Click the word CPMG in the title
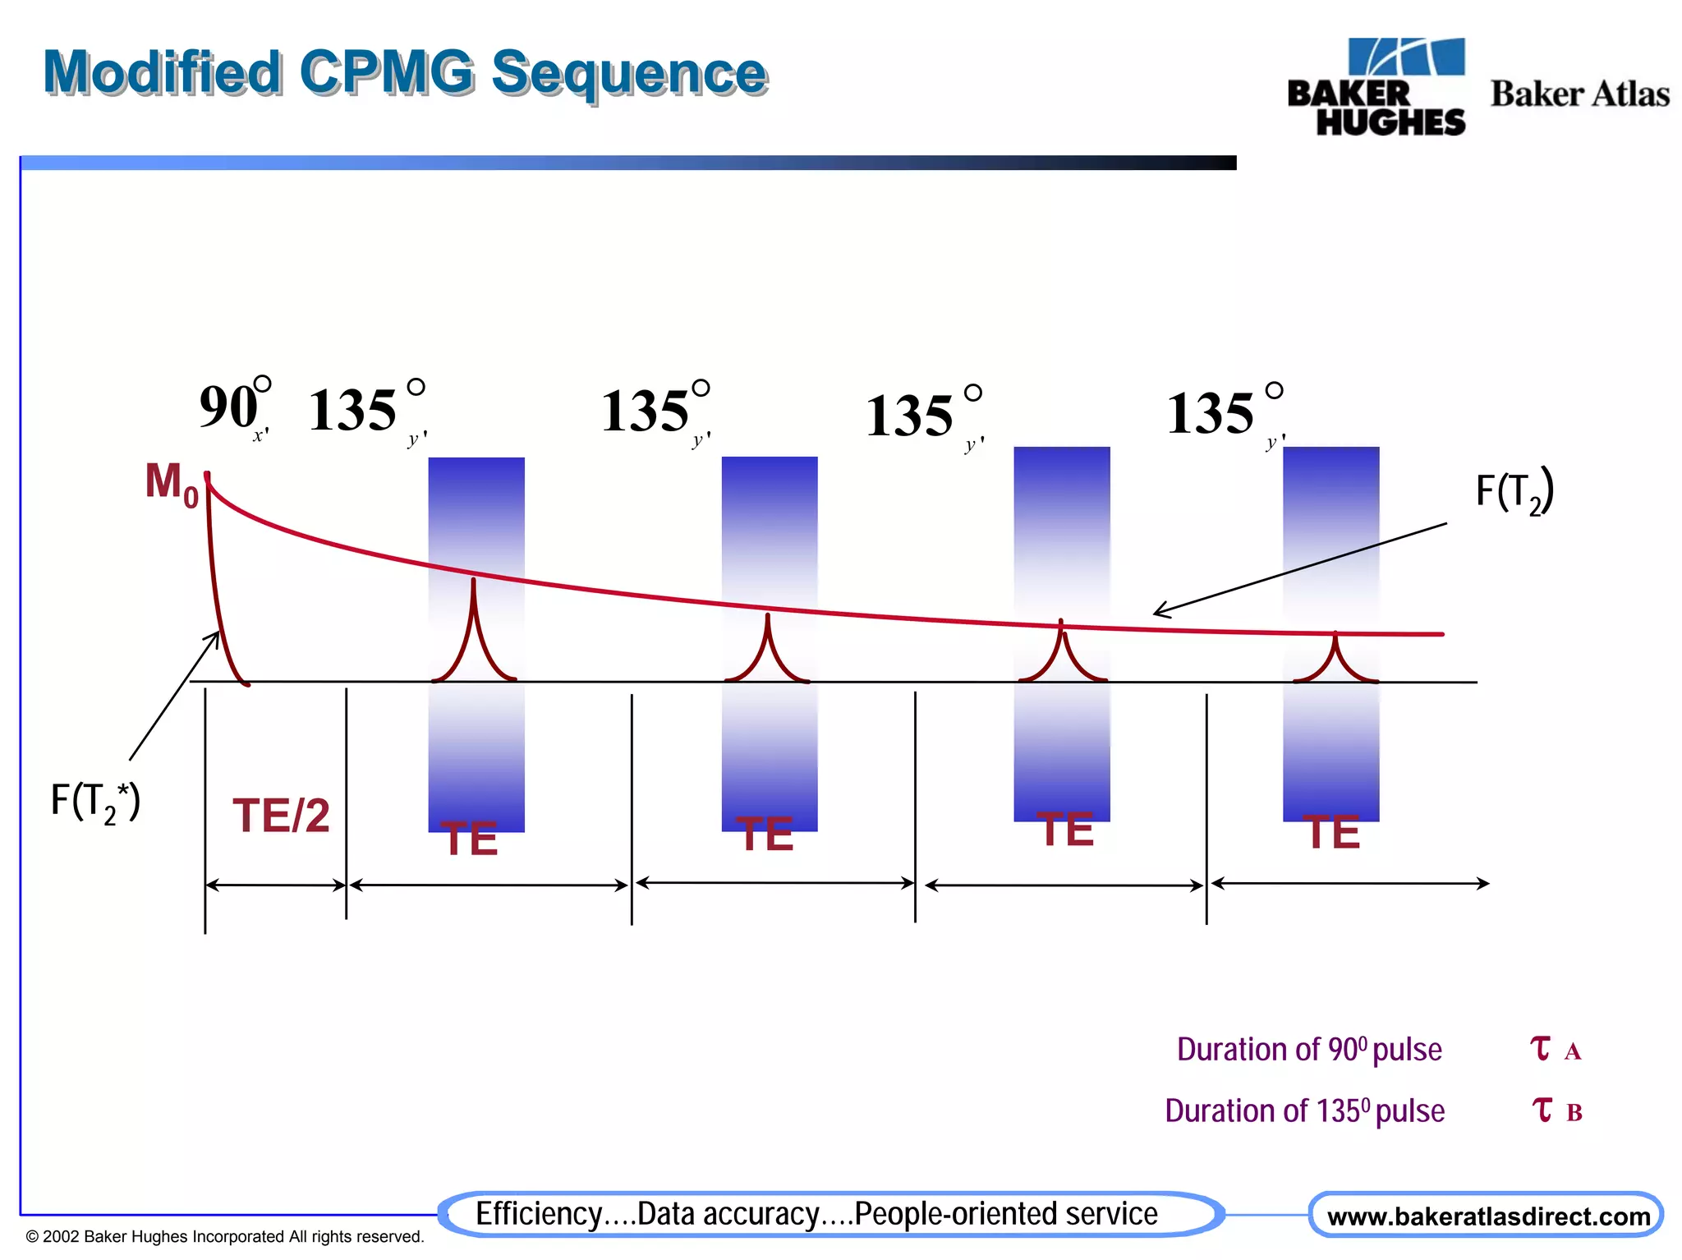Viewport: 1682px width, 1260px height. pos(386,72)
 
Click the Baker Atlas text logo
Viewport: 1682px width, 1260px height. pos(1579,94)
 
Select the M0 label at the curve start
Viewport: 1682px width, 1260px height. pos(171,483)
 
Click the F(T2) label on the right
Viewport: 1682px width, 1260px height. pos(1514,492)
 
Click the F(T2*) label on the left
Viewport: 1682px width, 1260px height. pos(95,801)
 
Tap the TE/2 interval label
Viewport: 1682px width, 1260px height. pos(281,816)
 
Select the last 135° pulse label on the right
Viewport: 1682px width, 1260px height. pos(1224,412)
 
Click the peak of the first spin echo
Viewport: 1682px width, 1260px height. pos(473,582)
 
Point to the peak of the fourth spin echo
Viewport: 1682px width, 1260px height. pos(1335,634)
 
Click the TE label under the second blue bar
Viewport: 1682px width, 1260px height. pos(765,835)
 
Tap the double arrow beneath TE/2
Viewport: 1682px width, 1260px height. pos(275,885)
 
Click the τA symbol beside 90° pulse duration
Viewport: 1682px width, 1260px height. pos(1555,1050)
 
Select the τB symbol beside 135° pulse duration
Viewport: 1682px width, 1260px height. pos(1556,1111)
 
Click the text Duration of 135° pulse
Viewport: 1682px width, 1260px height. pos(1304,1111)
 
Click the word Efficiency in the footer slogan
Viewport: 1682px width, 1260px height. pos(539,1214)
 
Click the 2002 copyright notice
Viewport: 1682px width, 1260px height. pos(225,1237)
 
